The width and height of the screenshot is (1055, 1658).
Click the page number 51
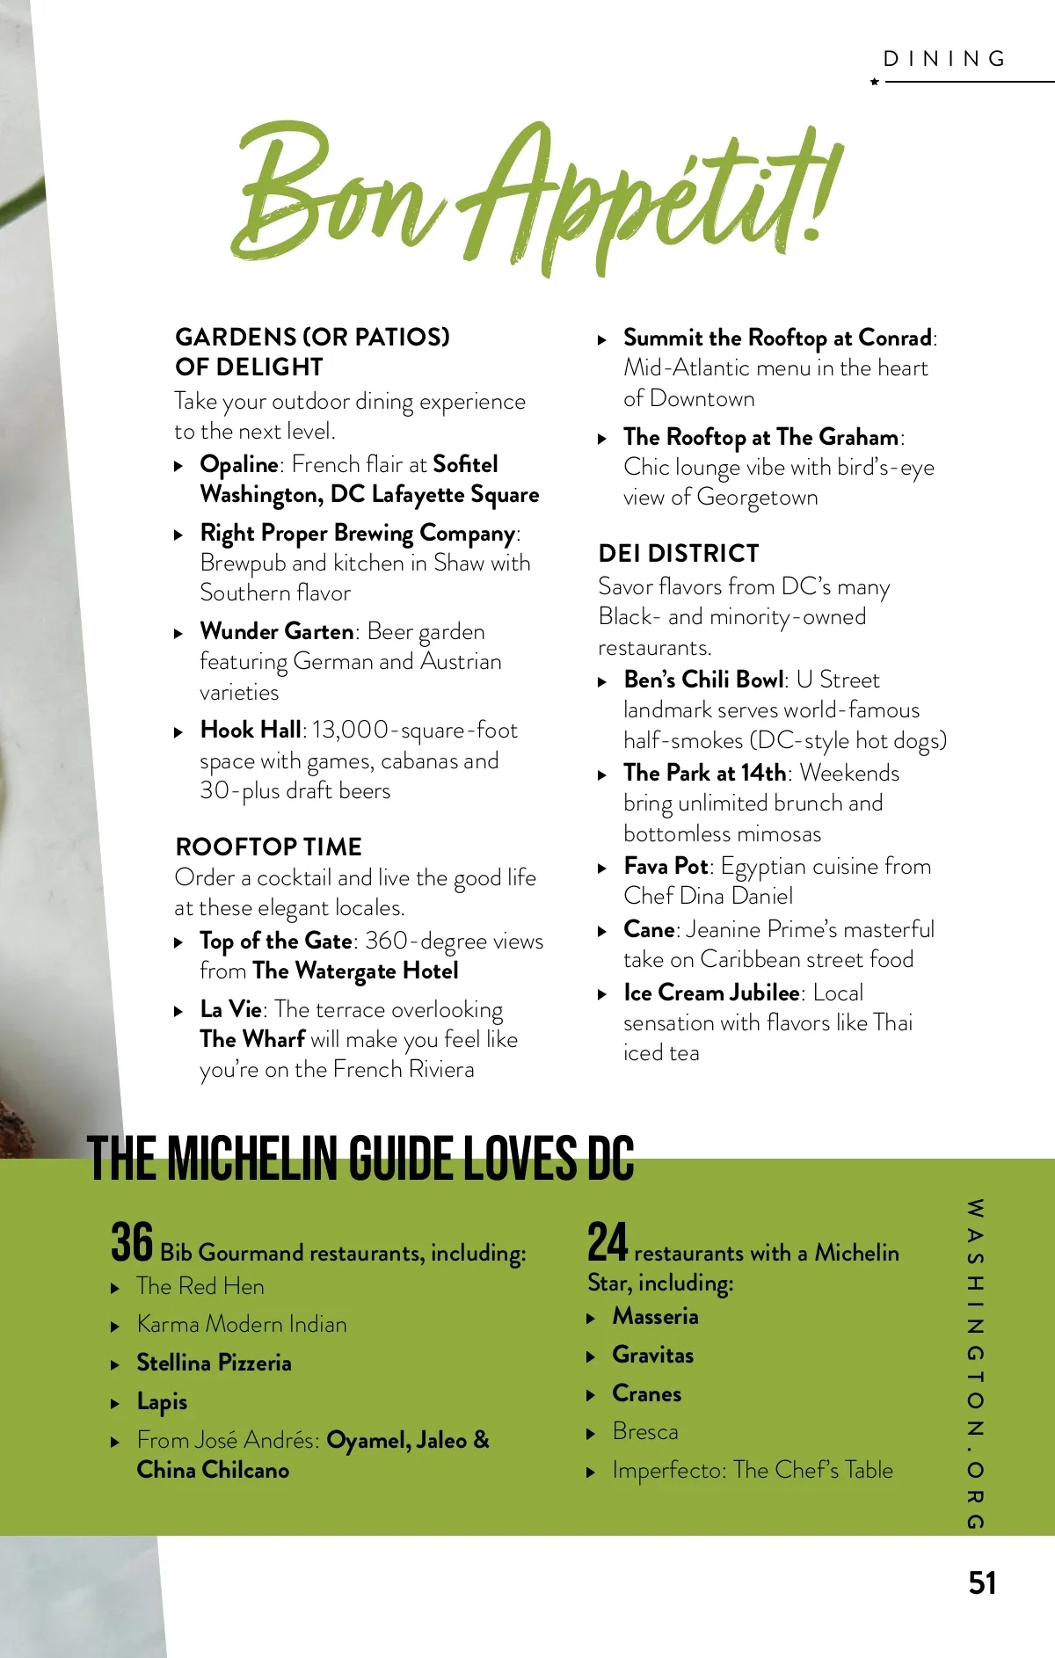tap(982, 1582)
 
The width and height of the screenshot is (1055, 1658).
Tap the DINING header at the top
tap(945, 59)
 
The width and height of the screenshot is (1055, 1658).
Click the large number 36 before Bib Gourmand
tap(132, 1242)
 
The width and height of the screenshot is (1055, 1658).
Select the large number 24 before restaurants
tap(608, 1242)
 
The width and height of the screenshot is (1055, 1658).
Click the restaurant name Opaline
tap(239, 464)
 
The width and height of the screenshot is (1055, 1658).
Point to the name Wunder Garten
tap(277, 631)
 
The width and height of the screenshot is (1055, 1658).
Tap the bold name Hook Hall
tap(251, 730)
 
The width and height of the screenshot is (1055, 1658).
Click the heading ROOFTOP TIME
tap(268, 847)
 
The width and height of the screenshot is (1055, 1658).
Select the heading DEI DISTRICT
tap(678, 553)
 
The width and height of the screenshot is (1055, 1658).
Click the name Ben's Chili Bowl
tap(703, 680)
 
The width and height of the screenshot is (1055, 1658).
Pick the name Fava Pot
tap(666, 866)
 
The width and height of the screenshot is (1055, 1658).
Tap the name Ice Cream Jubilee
tap(711, 993)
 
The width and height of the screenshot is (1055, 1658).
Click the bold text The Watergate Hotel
tap(355, 971)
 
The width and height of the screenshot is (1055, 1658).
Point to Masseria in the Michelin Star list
tap(655, 1316)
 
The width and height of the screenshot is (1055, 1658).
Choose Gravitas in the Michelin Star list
tap(652, 1355)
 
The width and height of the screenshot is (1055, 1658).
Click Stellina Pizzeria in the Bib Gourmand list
tap(214, 1363)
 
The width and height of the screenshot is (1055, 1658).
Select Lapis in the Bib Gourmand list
tap(162, 1401)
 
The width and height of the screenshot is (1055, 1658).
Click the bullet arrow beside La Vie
tap(178, 1011)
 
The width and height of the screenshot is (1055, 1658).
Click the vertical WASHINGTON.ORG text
tap(974, 1363)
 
